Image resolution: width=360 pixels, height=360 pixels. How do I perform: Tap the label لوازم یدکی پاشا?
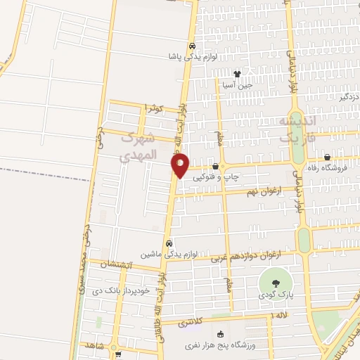click(192, 56)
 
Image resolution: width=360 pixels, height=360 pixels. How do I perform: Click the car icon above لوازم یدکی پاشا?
click(192, 46)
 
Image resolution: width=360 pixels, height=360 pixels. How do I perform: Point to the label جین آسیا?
click(237, 84)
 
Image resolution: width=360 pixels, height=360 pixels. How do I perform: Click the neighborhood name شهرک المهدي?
click(141, 145)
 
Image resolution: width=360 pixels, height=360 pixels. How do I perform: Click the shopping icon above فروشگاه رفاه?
click(328, 157)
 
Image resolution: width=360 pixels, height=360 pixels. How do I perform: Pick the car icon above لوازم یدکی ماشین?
click(169, 243)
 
